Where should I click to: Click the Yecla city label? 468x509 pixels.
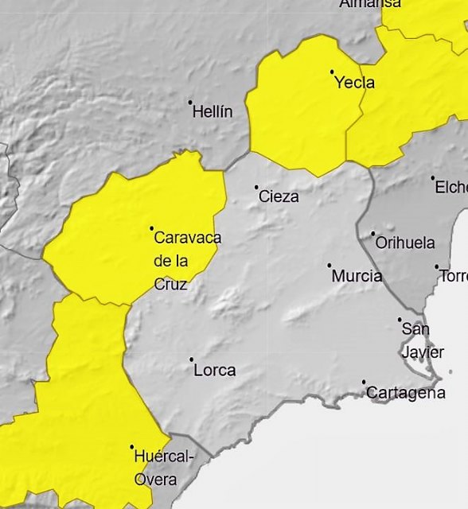pos(355,83)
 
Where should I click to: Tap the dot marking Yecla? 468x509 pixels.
pos(333,72)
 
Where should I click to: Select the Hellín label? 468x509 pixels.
pos(213,112)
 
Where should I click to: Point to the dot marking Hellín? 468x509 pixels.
pos(190,102)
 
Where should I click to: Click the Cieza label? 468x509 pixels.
pos(279,196)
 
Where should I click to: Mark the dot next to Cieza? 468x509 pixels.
pos(256,188)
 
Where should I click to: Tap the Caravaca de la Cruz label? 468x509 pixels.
pos(186,260)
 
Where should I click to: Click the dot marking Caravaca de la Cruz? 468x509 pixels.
pos(152,228)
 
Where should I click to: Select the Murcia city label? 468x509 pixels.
pos(357,276)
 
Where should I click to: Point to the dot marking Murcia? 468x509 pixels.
pos(330,266)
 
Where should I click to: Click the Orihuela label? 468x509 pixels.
pos(405,243)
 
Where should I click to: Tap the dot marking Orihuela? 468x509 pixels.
pos(372,234)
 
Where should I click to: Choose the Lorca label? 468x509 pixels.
pos(215,371)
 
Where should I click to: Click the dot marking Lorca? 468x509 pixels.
pos(192,359)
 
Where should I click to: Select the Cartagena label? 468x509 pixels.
pos(406,393)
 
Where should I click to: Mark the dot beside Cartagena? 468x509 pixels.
pos(365,383)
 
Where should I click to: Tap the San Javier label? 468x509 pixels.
pos(417,340)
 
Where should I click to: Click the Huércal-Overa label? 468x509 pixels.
pos(164,468)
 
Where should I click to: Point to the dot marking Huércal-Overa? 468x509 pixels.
pos(132,447)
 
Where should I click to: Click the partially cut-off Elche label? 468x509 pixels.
pos(451,188)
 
